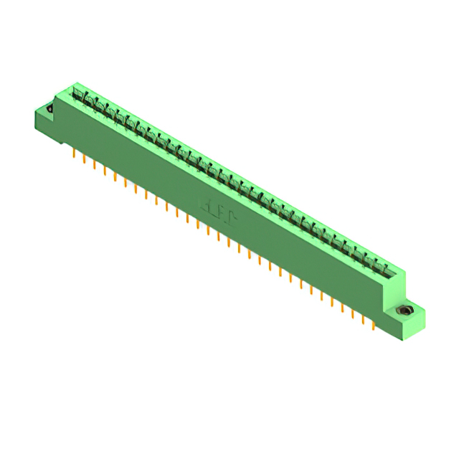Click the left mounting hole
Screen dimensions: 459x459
pos(49,109)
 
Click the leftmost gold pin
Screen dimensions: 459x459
pos(75,153)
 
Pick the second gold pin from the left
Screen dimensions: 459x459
pos(85,159)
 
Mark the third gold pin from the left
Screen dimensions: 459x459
pos(95,165)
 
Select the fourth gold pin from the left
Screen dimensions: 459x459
pos(105,171)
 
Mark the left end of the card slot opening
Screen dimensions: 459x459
pos(75,91)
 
